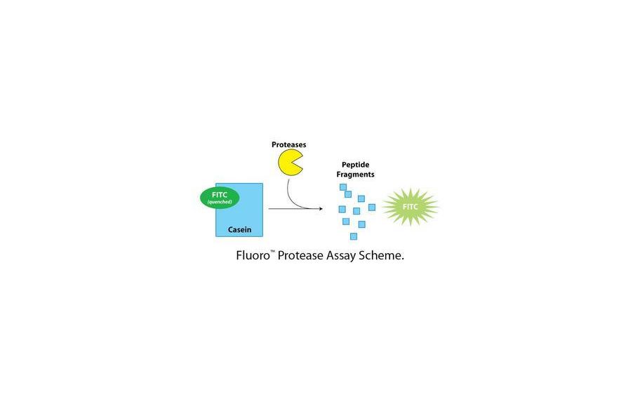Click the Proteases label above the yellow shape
pos(288,145)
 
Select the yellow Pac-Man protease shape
pos(288,163)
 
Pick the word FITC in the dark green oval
pos(220,195)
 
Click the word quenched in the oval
pos(220,203)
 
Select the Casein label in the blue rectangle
pos(239,229)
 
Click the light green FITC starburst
pos(410,207)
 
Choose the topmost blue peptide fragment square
pos(343,187)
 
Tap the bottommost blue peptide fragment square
pos(354,236)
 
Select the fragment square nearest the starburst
pos(371,208)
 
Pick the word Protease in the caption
pos(300,255)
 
